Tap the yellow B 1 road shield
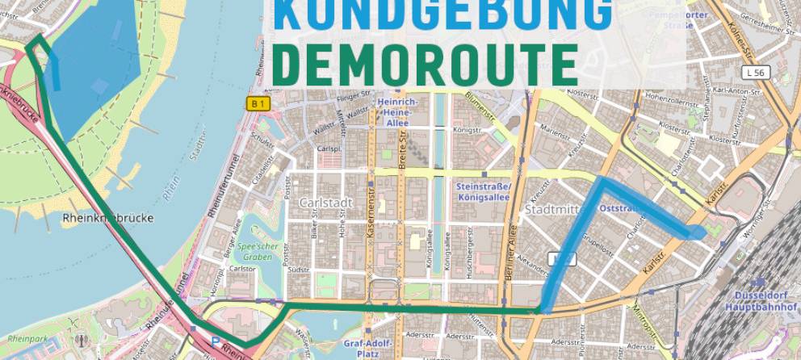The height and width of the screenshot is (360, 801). pos(257,103)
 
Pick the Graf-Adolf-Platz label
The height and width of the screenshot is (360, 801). pos(368,346)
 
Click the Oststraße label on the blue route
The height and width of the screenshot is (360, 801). pos(620,208)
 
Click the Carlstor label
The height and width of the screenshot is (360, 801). pos(243,269)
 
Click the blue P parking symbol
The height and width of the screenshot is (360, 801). pos(215,341)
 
